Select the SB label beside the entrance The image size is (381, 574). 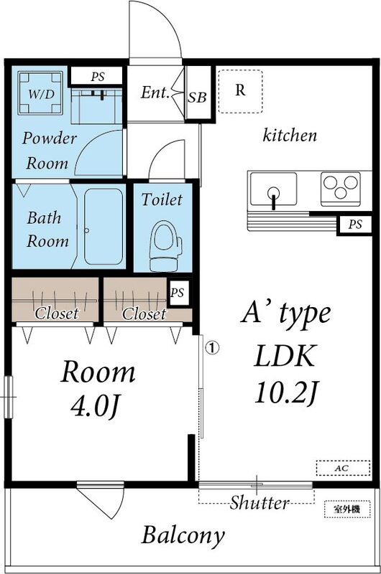click(x=198, y=95)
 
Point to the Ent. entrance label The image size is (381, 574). click(x=155, y=93)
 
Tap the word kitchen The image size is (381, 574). click(x=290, y=135)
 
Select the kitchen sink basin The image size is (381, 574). click(x=273, y=190)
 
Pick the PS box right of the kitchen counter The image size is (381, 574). click(x=355, y=225)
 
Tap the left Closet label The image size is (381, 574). click(x=57, y=314)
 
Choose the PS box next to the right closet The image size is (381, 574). click(x=178, y=292)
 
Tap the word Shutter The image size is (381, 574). click(x=260, y=502)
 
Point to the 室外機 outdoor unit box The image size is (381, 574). click(x=346, y=508)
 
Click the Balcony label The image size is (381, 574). click(x=183, y=535)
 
